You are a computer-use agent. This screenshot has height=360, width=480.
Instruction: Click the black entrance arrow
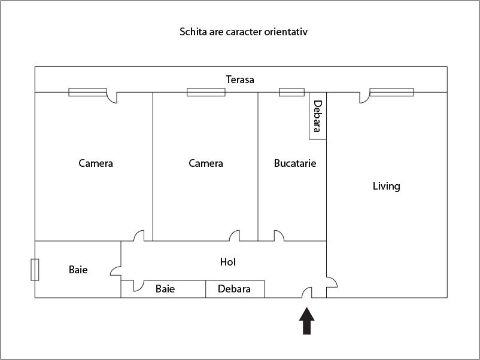307,321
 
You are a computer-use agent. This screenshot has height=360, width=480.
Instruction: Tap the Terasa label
240,80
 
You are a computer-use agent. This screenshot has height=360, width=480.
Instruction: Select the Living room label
386,186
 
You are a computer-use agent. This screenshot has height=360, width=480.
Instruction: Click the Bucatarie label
295,163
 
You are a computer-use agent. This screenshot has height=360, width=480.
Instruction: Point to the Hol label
228,262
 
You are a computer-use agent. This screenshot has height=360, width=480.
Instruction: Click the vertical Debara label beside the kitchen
318,116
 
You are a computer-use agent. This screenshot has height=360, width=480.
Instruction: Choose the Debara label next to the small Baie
234,289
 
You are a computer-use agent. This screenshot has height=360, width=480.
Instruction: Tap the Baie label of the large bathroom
78,270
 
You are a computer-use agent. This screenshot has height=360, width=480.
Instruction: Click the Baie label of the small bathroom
165,289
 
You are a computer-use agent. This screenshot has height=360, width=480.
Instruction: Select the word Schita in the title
193,32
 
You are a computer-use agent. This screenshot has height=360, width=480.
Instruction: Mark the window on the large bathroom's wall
35,270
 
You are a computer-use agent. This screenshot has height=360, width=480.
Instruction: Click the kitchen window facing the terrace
291,92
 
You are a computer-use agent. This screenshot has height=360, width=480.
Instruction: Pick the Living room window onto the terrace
392,92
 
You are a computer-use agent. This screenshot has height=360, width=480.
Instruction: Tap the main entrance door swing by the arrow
307,292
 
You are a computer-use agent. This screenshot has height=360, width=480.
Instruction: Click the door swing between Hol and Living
332,283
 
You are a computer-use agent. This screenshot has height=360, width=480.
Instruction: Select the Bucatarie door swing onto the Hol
279,236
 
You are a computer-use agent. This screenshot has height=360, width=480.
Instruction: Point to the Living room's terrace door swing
364,97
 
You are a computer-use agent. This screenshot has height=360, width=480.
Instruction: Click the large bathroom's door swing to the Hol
116,271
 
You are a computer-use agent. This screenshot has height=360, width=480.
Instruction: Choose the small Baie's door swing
139,286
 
